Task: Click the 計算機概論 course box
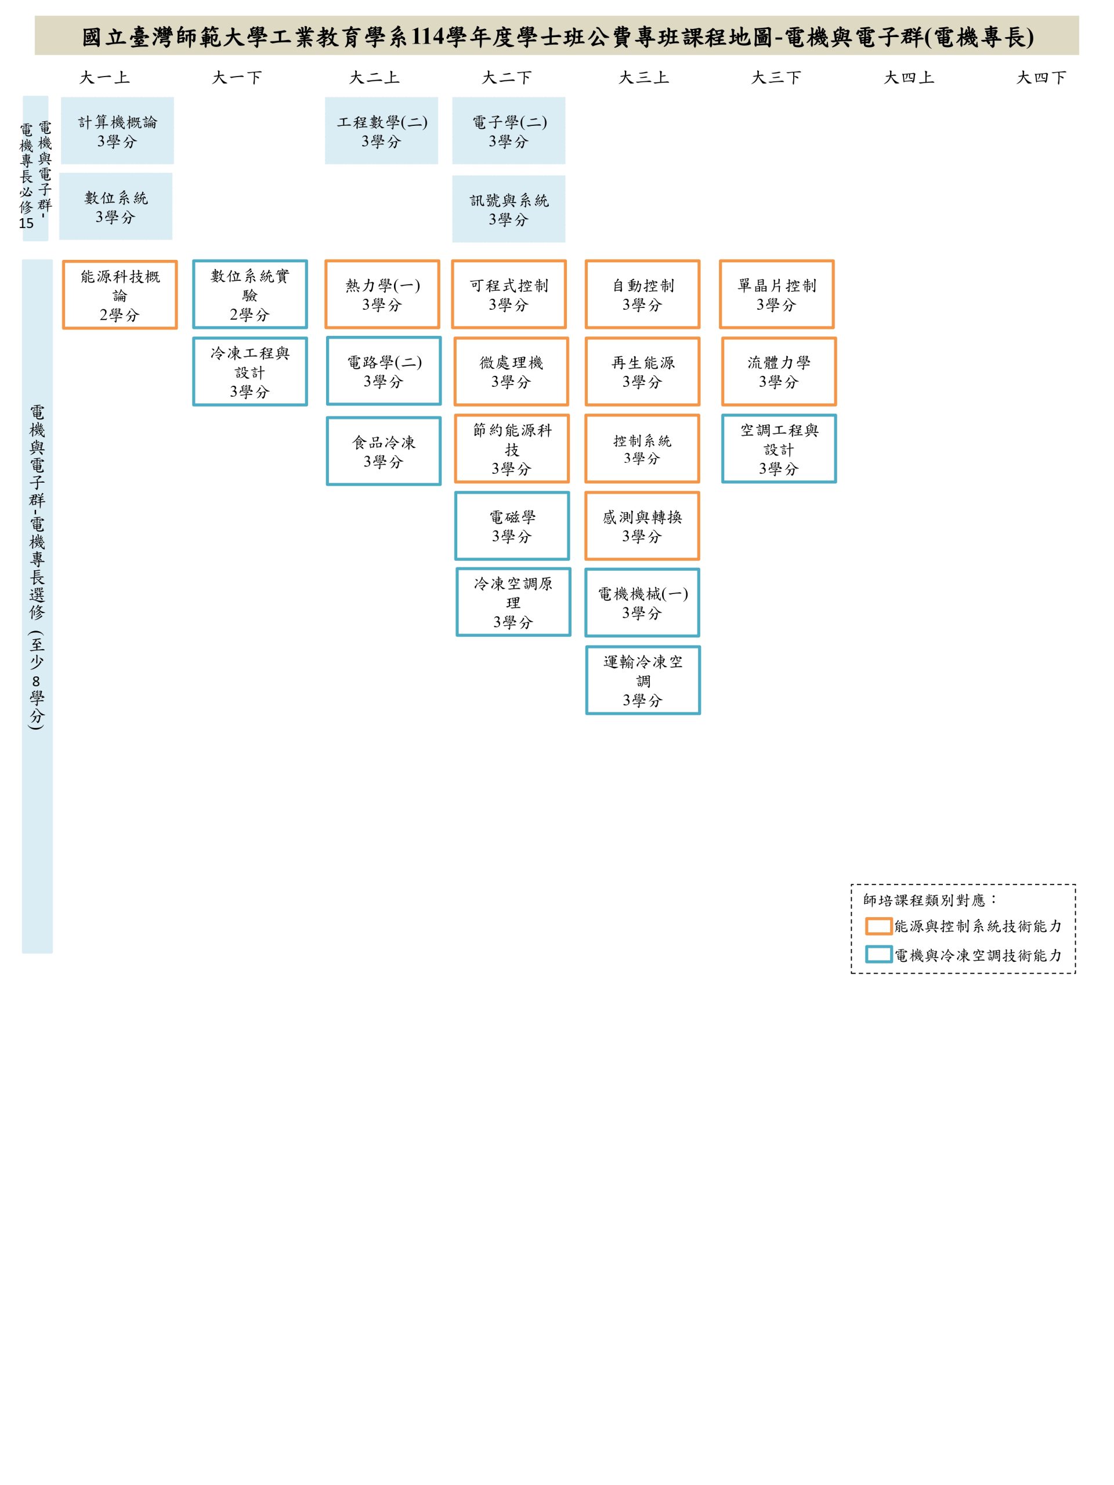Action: pos(118,131)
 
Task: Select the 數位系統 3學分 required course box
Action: pos(115,206)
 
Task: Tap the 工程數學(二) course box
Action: pos(381,131)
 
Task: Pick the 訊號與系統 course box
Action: pos(508,209)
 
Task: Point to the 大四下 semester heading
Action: pos(1041,78)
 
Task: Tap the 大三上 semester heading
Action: pos(643,78)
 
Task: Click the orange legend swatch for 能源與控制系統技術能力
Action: pos(878,926)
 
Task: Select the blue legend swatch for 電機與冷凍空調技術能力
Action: pos(878,955)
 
